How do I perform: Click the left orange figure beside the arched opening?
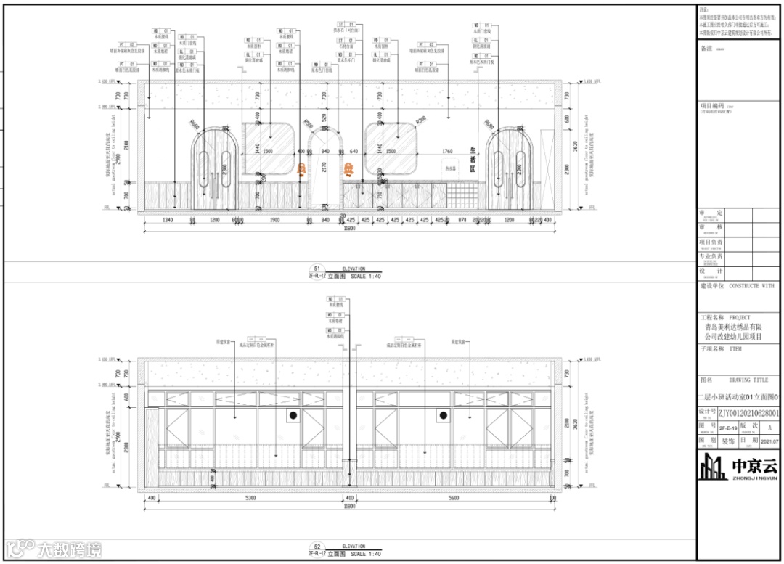coord(301,170)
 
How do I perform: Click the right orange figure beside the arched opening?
coord(348,170)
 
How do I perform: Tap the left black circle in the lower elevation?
coord(294,415)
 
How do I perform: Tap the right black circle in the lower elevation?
coord(441,415)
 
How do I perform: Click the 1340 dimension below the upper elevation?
coord(168,220)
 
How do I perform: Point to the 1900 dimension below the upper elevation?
coord(275,220)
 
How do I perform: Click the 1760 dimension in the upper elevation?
coord(447,152)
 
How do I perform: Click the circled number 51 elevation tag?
coord(316,268)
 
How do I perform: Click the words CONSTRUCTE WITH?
coord(751,286)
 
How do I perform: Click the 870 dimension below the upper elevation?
coord(462,220)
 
